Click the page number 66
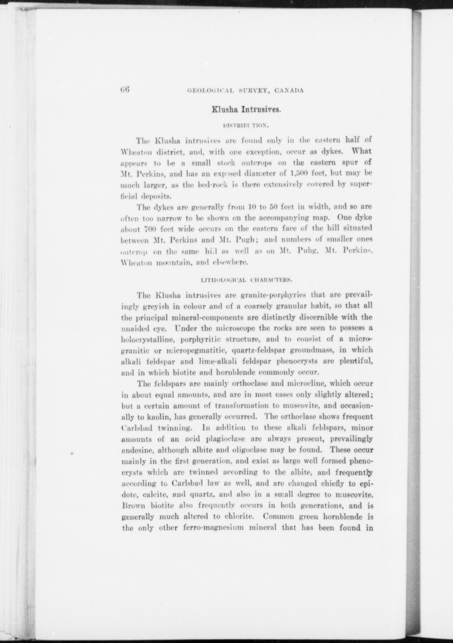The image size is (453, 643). tap(125, 89)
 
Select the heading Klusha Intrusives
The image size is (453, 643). tap(246, 110)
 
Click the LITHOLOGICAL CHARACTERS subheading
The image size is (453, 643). tap(246, 280)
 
